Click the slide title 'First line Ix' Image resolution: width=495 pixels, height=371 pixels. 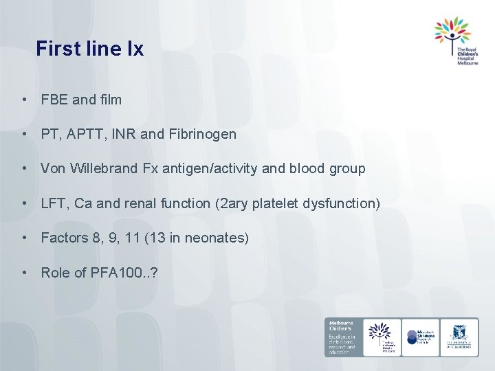point(90,49)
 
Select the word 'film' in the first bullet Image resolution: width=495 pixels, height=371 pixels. point(110,100)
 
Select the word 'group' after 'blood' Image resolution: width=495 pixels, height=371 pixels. point(346,168)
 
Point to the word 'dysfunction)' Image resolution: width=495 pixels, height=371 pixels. point(342,203)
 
